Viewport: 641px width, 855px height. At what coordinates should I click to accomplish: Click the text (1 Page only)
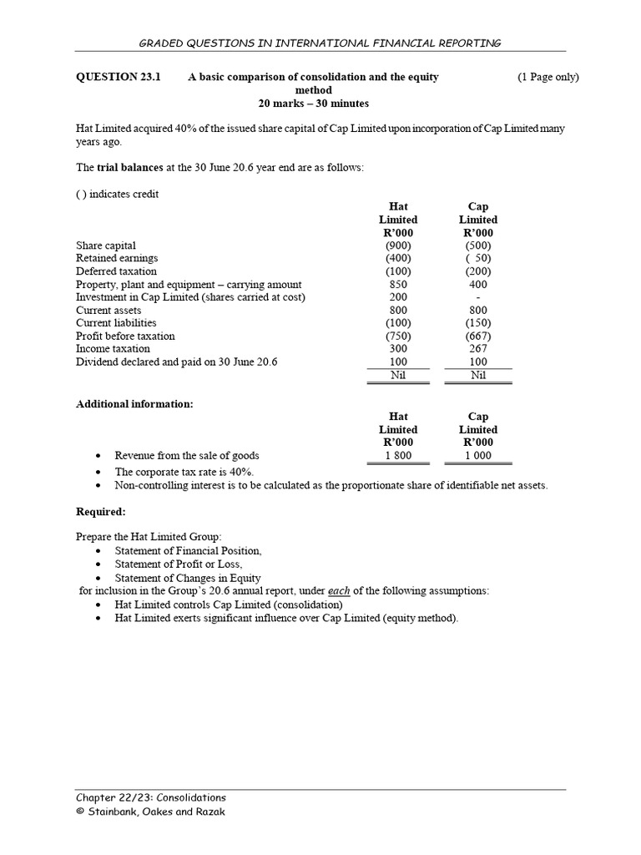[548, 77]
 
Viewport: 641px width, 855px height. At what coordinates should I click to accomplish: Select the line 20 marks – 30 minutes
[313, 104]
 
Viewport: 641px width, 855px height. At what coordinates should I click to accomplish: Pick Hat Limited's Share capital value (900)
[397, 245]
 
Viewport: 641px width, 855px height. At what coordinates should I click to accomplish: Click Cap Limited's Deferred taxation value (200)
[478, 271]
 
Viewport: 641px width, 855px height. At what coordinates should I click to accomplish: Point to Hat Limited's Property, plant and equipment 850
[397, 284]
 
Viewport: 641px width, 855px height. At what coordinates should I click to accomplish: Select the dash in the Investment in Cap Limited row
[478, 297]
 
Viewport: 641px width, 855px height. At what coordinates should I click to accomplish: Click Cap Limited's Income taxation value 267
[478, 348]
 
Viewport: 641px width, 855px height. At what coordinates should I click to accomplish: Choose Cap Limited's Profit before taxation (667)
[478, 336]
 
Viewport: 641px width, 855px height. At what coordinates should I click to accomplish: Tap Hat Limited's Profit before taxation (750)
[397, 336]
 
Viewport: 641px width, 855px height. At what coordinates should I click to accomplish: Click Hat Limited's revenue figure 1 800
[397, 456]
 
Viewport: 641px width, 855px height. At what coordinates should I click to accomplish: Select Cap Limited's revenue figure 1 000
[478, 456]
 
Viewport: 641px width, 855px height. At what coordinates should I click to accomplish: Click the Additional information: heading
[134, 404]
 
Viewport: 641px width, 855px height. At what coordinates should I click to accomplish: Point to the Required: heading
[101, 511]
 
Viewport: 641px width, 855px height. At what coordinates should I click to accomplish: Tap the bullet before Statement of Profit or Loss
[99, 564]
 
